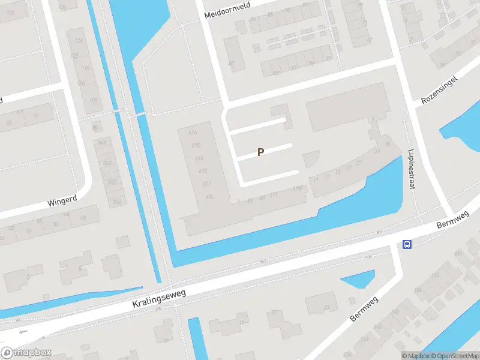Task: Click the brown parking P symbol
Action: point(260,152)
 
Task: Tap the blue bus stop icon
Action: point(407,244)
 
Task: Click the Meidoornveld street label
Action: point(227,10)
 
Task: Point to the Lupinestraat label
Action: point(412,169)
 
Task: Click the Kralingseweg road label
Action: point(160,298)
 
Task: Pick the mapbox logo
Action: point(25,353)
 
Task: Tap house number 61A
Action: point(193,133)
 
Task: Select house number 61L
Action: point(209,197)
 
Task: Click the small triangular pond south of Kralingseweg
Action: point(358,279)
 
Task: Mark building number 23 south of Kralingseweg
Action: point(326,308)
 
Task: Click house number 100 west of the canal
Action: point(94,100)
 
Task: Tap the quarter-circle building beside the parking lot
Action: point(311,159)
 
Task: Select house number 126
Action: point(63,8)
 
